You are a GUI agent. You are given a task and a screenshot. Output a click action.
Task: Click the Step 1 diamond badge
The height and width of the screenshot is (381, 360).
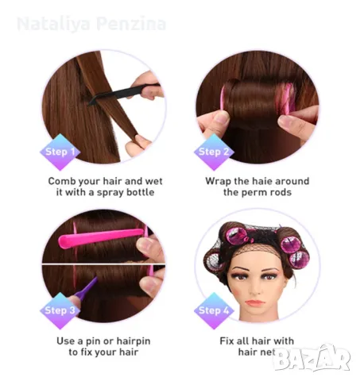60,152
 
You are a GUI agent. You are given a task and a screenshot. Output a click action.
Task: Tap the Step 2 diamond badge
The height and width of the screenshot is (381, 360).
214,152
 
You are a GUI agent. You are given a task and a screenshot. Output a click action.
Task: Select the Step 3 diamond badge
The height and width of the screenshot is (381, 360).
60,310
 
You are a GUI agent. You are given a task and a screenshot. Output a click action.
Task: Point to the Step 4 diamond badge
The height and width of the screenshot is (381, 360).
214,310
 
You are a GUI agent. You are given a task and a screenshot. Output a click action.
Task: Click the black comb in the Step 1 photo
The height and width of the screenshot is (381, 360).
123,93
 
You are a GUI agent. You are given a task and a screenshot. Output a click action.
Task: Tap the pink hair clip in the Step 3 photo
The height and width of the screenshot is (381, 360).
101,237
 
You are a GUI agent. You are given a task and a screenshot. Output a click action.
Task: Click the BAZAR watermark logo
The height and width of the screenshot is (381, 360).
312,357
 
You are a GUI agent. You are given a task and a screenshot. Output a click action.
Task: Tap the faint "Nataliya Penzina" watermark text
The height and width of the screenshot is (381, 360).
91,24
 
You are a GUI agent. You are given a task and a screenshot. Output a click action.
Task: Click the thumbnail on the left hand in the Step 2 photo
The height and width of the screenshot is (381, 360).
221,117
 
